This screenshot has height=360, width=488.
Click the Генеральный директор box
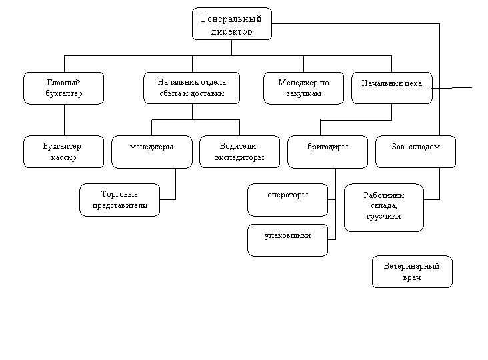tap(232, 24)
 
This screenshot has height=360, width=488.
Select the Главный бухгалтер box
tap(64, 88)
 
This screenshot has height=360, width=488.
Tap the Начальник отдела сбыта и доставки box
tap(191, 88)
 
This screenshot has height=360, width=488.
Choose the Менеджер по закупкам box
tap(303, 88)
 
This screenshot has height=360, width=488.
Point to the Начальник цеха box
tap(391, 87)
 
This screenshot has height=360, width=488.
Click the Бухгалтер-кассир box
tap(64, 152)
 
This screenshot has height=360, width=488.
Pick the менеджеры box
tap(152, 152)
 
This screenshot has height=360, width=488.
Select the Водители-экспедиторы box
tap(239, 152)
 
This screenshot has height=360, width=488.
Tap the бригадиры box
tap(327, 152)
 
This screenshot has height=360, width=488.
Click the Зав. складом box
tap(416, 152)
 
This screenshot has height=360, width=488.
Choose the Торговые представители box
tap(120, 200)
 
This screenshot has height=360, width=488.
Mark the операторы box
tap(287, 200)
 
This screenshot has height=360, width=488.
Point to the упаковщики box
tap(287, 240)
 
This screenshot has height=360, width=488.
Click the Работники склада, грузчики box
tap(384, 207)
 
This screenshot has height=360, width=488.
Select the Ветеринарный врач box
tap(412, 271)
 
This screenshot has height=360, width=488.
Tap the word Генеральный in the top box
tap(231, 19)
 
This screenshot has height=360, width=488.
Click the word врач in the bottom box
tap(412, 277)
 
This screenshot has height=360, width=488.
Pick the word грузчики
tap(383, 216)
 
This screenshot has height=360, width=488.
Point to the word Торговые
tap(119, 194)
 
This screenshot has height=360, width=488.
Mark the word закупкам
tap(303, 94)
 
